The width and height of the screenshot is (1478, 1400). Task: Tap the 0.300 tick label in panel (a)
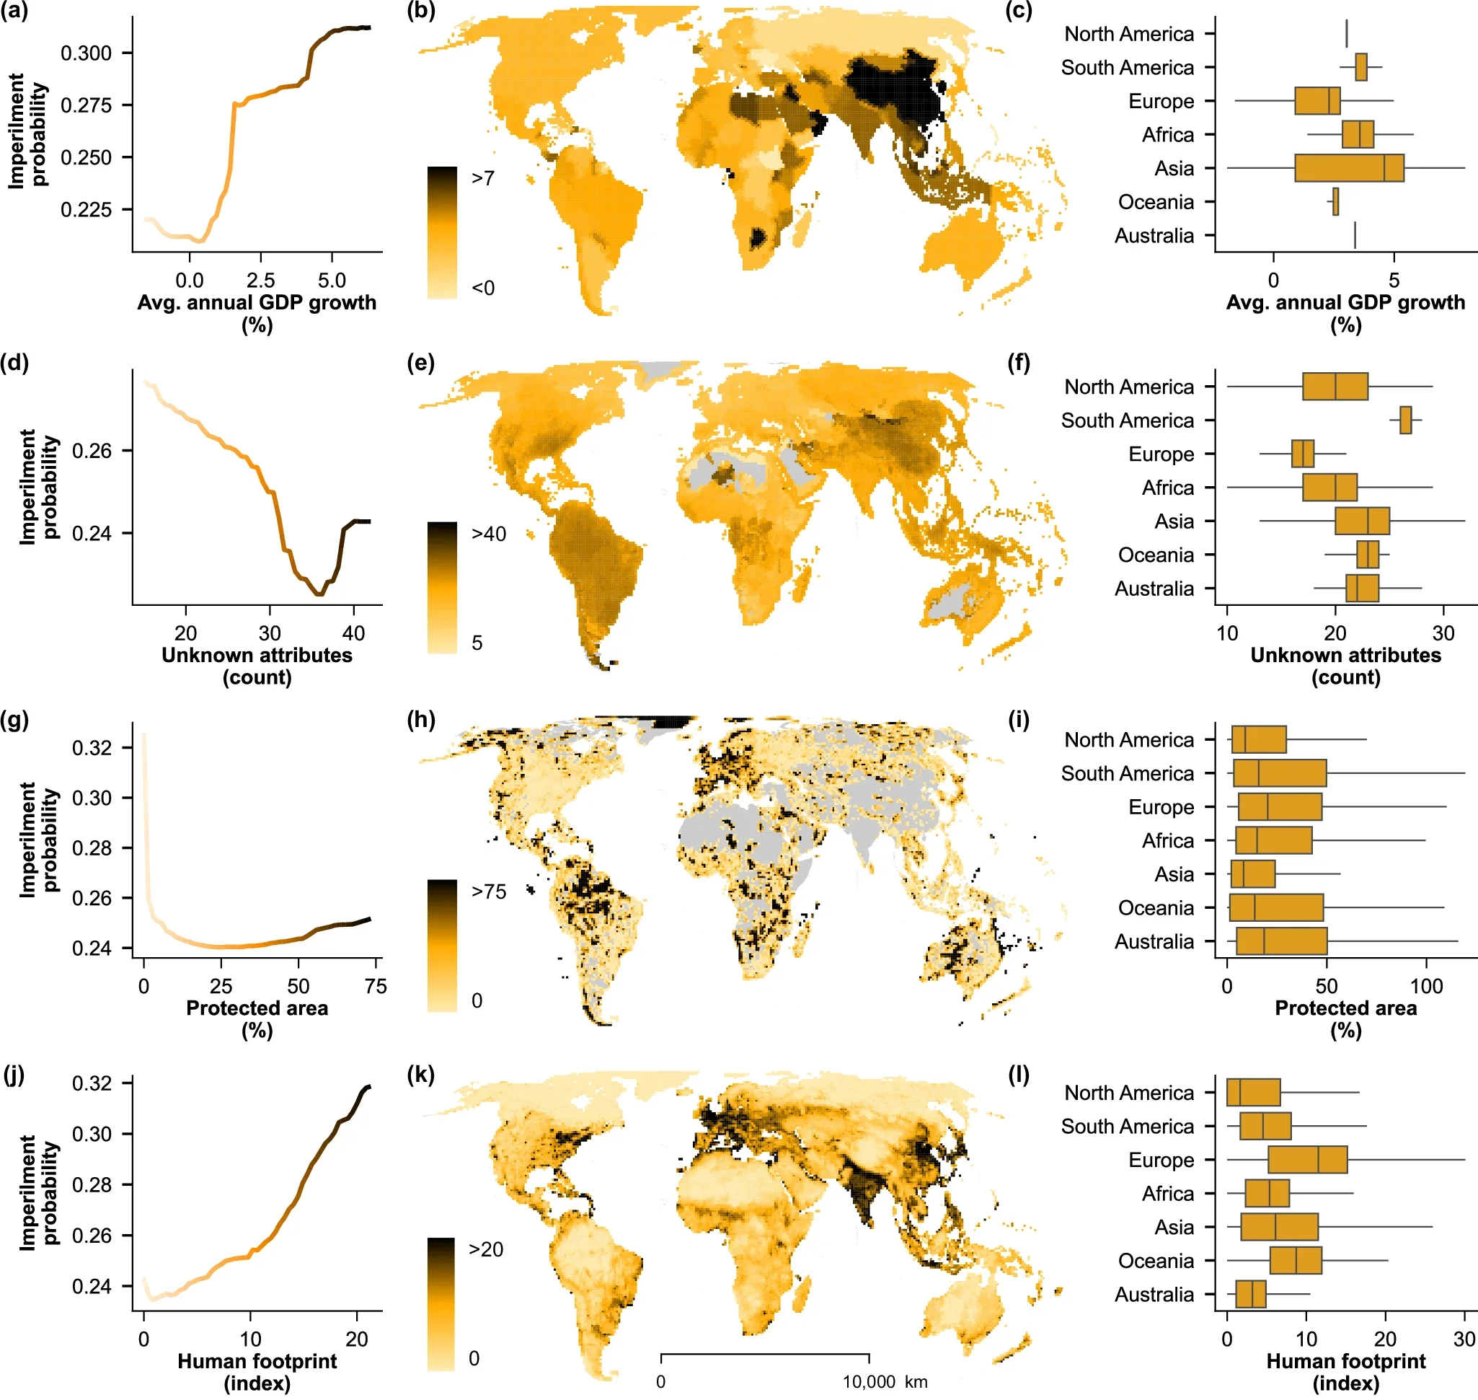(86, 53)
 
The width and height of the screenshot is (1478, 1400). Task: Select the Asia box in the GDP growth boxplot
(1349, 168)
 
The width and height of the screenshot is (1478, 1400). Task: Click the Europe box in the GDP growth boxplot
(1317, 101)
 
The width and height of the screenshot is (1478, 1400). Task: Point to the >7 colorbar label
(483, 178)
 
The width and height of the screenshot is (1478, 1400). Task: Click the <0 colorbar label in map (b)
(483, 288)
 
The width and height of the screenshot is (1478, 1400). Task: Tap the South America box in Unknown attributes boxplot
(1405, 421)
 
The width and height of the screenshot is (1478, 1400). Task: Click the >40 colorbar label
(489, 534)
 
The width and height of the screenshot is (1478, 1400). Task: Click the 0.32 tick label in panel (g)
(91, 748)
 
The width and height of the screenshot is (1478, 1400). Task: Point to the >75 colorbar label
(489, 891)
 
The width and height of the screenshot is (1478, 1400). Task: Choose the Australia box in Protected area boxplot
(1281, 941)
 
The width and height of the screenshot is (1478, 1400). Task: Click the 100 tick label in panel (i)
(1426, 987)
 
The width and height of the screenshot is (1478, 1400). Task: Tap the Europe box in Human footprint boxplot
(1307, 1160)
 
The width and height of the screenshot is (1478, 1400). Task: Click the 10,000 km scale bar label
(885, 1381)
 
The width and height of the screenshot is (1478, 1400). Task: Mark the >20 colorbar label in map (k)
(486, 1249)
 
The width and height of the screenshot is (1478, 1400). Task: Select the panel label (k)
(422, 1075)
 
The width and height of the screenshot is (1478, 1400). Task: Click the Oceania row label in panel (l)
(1155, 1261)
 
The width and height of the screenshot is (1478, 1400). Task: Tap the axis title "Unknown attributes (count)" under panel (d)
(257, 666)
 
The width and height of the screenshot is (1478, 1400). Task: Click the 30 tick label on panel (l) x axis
(1464, 1339)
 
